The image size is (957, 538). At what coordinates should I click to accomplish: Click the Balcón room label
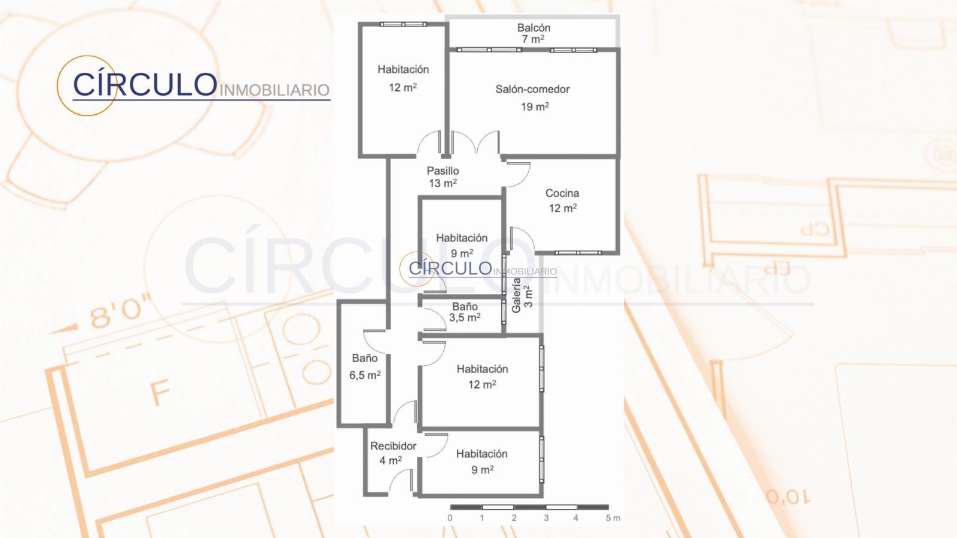coord(534,27)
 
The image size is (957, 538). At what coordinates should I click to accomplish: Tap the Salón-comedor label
coord(532,89)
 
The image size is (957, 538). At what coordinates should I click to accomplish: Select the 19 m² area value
coord(535,106)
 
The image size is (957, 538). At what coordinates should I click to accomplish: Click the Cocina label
coord(562,193)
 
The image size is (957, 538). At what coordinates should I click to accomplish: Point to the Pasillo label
coord(443,171)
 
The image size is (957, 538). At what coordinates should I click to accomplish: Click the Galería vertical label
coord(516,295)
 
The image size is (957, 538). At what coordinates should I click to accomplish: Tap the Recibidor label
coord(393,446)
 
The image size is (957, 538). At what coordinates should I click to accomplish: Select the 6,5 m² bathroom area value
coord(365,375)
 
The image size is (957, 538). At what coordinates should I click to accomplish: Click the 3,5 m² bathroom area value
coord(465,317)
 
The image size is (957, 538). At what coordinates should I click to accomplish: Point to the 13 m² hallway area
coord(443,183)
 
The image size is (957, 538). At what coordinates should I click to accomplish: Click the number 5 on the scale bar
coord(608,518)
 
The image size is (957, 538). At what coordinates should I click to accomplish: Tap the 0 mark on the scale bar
coord(450,518)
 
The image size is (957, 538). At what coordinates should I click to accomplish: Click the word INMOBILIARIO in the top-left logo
coord(275,90)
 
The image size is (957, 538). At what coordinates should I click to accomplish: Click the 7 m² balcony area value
coord(533,39)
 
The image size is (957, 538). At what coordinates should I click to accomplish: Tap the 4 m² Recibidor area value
coord(391,460)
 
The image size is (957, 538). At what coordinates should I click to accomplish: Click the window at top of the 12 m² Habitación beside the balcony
coord(403,25)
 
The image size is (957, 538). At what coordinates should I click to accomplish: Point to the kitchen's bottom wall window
coord(578,253)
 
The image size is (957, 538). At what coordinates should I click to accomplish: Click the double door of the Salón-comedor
coord(475,143)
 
